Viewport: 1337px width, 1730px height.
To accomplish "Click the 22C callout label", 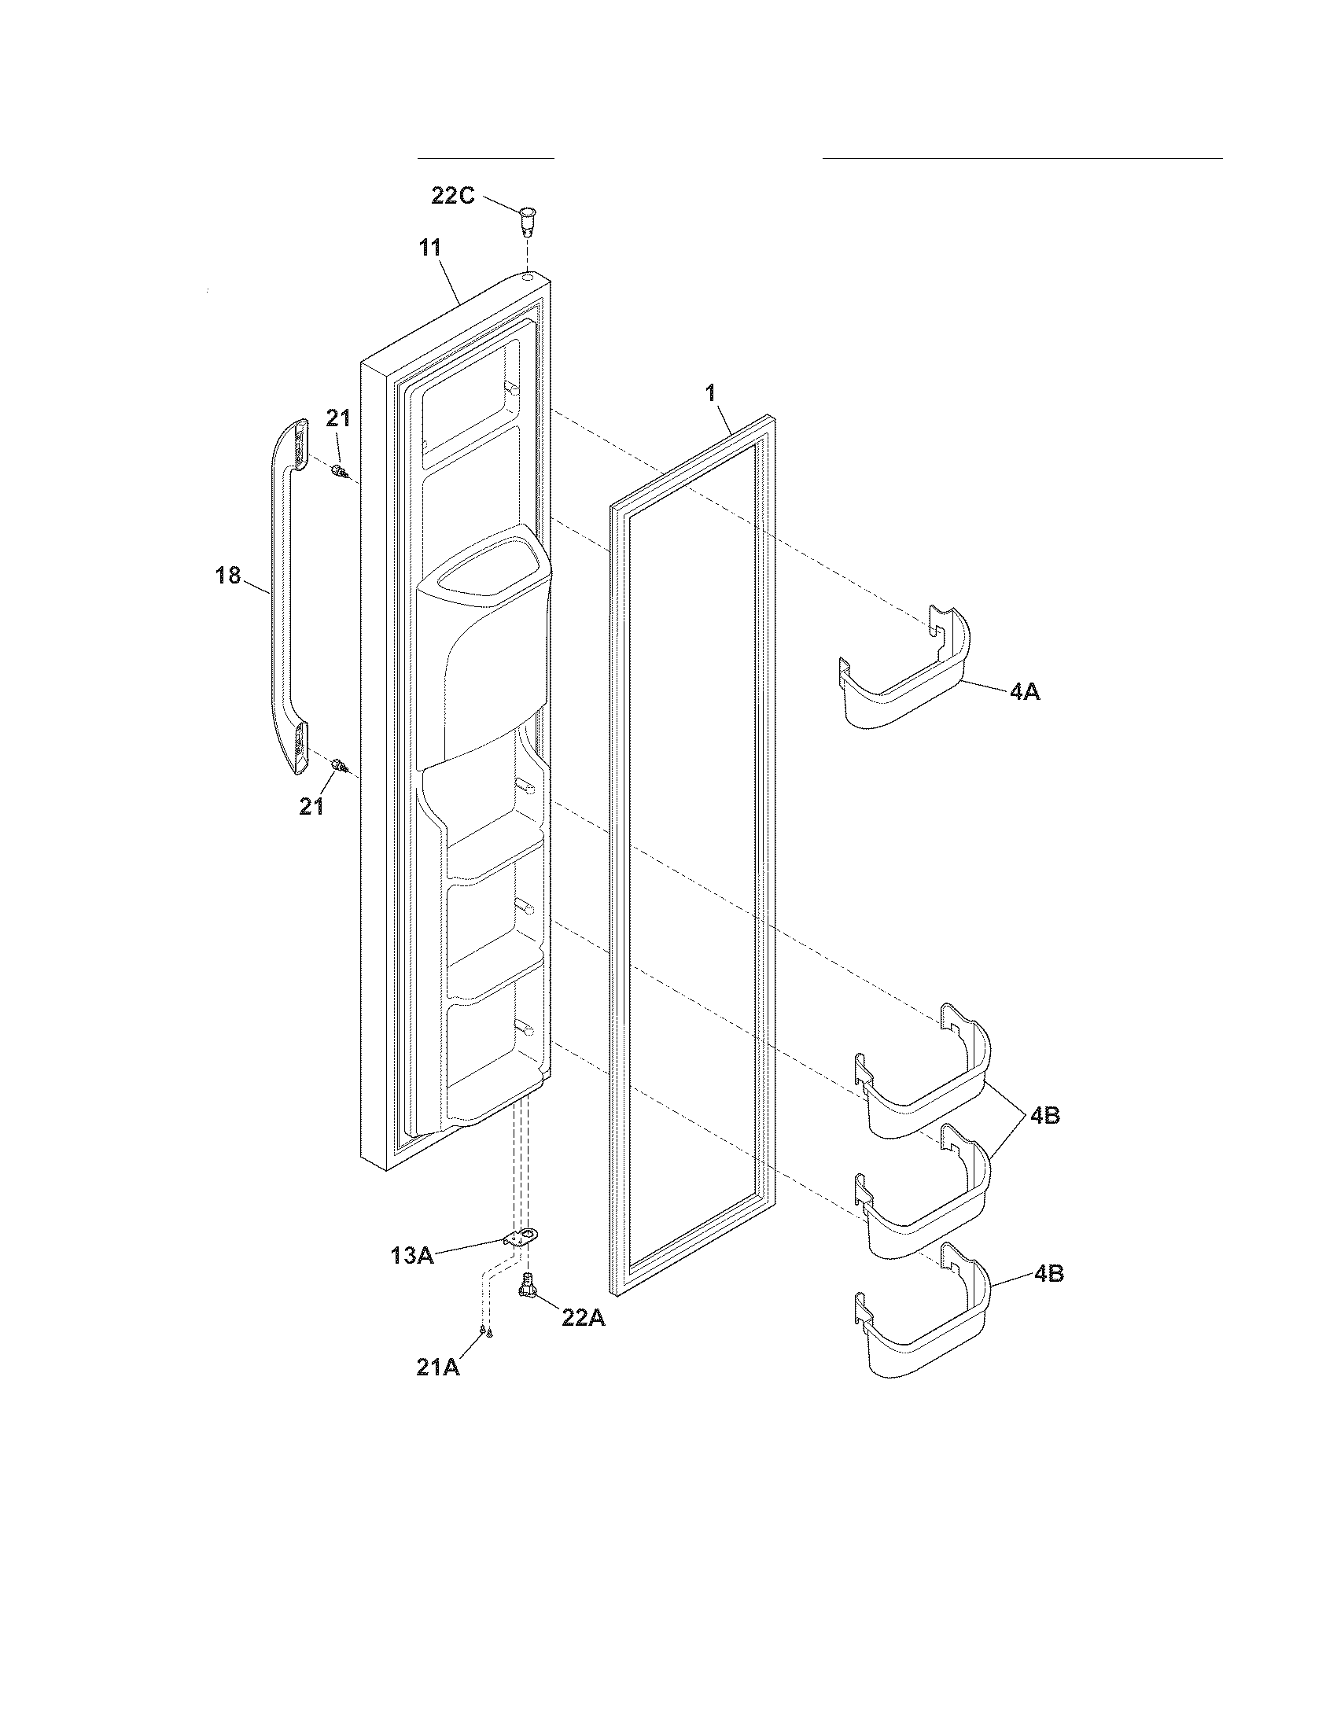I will pos(452,196).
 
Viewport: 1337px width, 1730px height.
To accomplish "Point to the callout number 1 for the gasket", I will pos(710,392).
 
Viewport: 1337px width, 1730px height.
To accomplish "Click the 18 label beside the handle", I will pos(228,575).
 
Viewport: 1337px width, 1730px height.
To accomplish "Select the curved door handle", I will pos(285,598).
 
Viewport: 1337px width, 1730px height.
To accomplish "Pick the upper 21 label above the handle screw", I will pos(338,418).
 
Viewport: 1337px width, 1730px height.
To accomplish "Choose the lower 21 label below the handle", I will pos(311,806).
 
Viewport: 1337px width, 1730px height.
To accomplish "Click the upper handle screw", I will pos(339,472).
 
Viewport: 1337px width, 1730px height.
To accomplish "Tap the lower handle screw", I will pos(339,765).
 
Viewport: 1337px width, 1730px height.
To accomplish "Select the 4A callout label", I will pos(1024,691).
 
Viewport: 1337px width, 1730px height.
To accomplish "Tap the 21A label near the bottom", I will pos(438,1367).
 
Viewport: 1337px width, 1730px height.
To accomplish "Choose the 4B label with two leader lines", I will pos(1044,1115).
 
